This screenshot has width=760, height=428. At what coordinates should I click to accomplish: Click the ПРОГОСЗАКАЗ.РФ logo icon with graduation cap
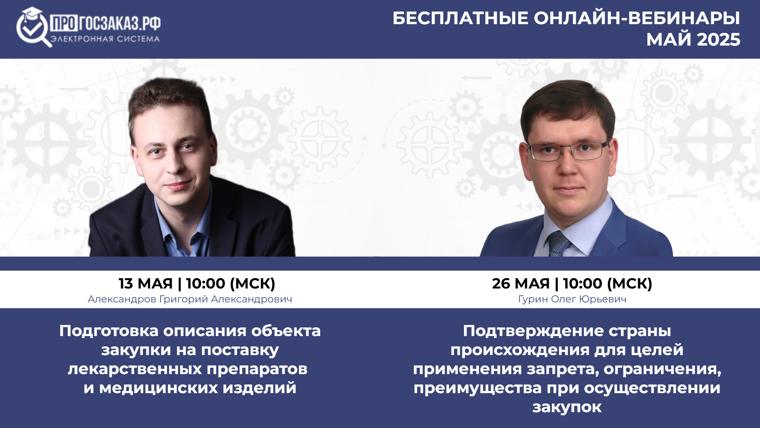click(x=34, y=27)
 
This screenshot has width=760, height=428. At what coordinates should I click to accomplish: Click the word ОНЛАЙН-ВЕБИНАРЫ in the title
click(x=637, y=18)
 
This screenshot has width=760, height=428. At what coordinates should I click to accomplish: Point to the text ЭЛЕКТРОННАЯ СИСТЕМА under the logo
click(x=105, y=39)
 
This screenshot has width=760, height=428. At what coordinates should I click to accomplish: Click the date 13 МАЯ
click(x=146, y=283)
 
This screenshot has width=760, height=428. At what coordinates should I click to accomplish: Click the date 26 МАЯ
click(x=521, y=283)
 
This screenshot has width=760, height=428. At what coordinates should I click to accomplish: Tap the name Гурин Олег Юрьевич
click(x=572, y=299)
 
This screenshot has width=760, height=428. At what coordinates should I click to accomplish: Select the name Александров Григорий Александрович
click(x=190, y=299)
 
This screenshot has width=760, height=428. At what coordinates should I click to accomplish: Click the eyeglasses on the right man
click(x=568, y=151)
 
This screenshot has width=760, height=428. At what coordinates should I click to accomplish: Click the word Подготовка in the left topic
click(x=109, y=331)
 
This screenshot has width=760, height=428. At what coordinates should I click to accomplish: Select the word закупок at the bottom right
click(x=567, y=407)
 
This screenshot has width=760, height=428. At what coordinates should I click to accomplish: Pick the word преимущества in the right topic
click(x=477, y=388)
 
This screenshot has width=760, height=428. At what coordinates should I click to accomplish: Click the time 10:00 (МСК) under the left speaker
click(x=230, y=283)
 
